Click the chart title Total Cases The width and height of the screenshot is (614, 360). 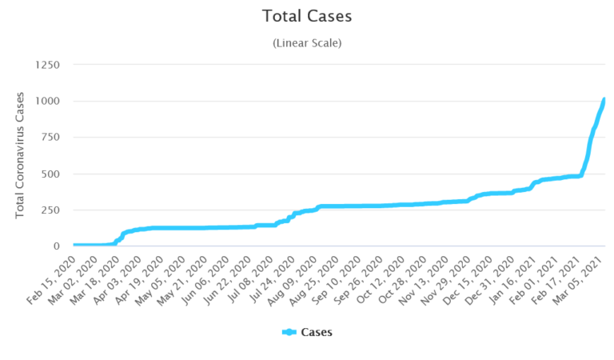coord(307,16)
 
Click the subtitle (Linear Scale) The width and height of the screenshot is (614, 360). coord(307,42)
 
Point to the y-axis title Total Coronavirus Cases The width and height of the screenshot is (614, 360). coord(21,155)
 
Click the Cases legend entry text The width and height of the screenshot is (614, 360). coord(317,332)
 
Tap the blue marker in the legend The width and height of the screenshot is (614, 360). coord(289,332)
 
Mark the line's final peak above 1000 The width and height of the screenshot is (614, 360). coord(604,99)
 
